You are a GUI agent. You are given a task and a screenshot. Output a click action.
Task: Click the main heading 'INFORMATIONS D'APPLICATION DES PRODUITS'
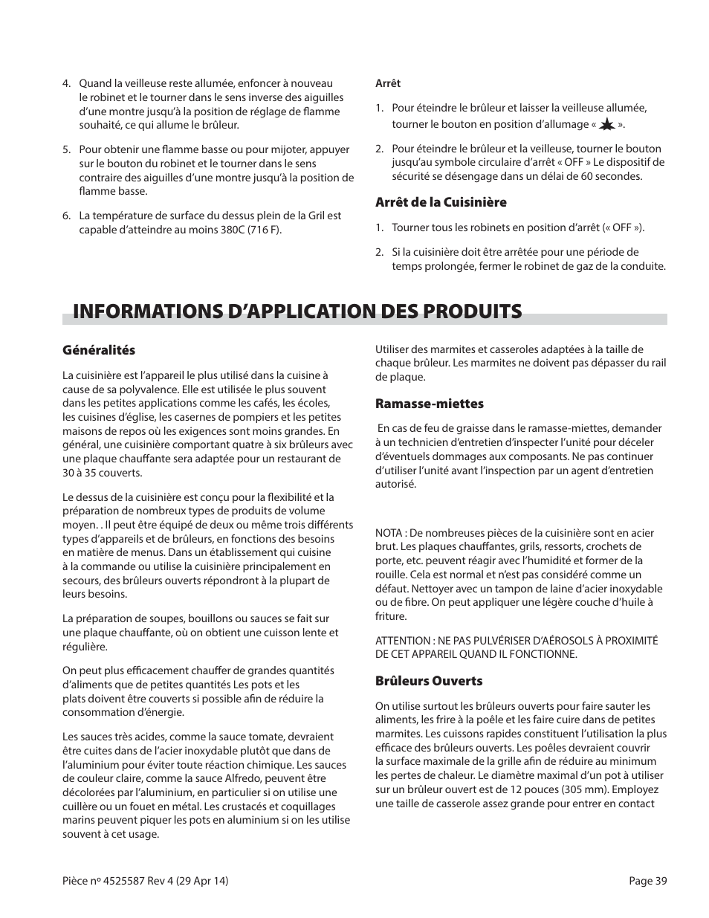pyautogui.click(x=292, y=311)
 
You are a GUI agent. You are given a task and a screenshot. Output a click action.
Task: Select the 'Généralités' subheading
pyautogui.click(x=99, y=350)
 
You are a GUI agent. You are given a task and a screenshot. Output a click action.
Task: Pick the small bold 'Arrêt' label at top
pyautogui.click(x=388, y=84)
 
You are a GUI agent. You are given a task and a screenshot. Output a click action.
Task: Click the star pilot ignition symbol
pyautogui.click(x=606, y=125)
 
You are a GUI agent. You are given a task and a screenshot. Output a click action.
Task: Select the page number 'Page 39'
pyautogui.click(x=647, y=881)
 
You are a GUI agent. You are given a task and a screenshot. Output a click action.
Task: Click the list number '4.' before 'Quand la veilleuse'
pyautogui.click(x=67, y=84)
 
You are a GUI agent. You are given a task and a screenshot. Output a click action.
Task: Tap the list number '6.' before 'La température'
pyautogui.click(x=67, y=216)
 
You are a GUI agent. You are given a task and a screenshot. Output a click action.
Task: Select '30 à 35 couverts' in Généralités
pyautogui.click(x=102, y=473)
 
